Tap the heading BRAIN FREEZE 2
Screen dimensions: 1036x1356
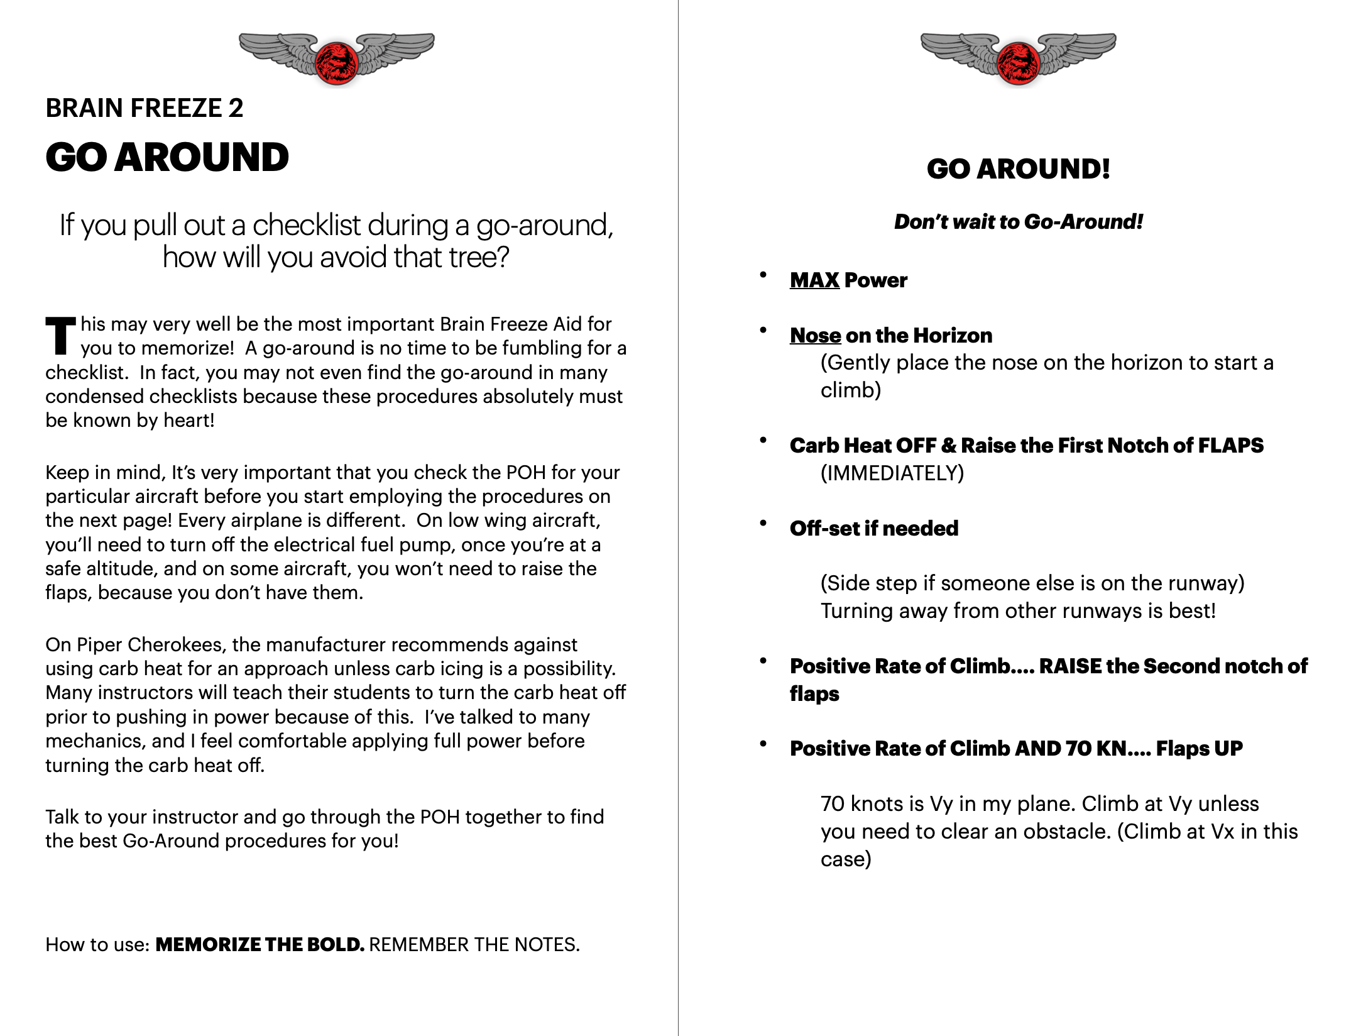pyautogui.click(x=144, y=108)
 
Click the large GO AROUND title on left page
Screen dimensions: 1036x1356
pyautogui.click(x=167, y=157)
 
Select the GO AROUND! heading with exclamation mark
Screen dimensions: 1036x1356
pyautogui.click(x=1018, y=168)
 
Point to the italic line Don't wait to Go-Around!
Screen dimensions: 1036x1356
pyautogui.click(x=1018, y=221)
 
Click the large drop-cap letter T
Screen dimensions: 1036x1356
pyautogui.click(x=60, y=336)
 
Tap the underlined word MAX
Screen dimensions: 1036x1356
pyautogui.click(x=814, y=280)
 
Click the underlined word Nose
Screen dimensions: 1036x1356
pyautogui.click(x=815, y=336)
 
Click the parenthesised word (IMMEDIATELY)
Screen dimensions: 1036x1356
pyautogui.click(x=892, y=473)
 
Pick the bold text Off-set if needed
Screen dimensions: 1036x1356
pyautogui.click(x=873, y=529)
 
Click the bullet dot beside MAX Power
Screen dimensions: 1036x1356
pyautogui.click(x=763, y=275)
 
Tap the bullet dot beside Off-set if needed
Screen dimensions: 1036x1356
pyautogui.click(x=763, y=523)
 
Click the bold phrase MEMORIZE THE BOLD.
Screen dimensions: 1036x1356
pyautogui.click(x=260, y=945)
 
